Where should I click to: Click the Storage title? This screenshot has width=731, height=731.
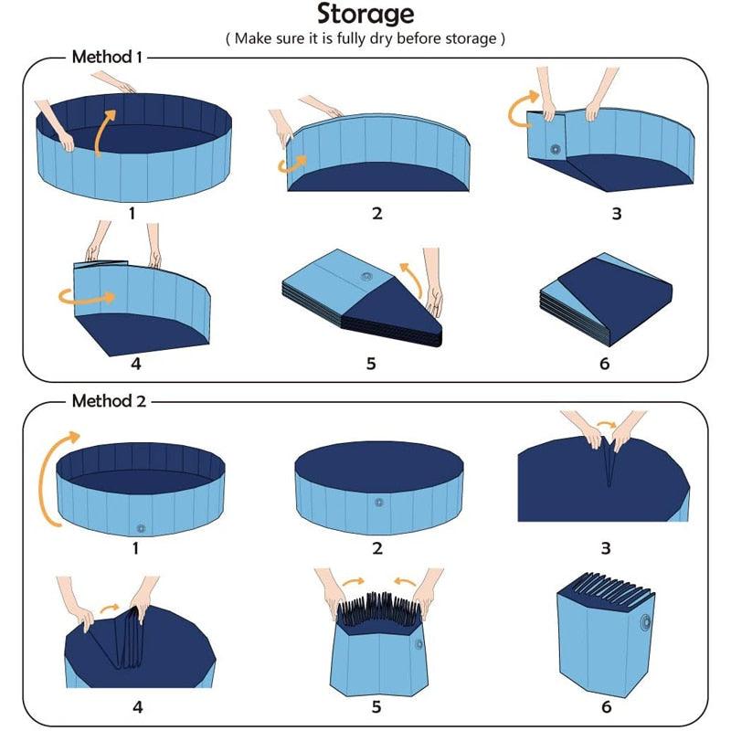tap(365, 15)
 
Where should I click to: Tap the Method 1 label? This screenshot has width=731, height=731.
tap(106, 57)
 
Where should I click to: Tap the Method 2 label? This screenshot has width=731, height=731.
tap(108, 400)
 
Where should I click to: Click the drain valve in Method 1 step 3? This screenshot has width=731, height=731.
tap(555, 149)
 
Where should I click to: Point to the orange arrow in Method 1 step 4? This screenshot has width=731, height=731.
tap(87, 296)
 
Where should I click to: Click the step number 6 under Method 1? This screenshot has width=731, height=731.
tap(603, 363)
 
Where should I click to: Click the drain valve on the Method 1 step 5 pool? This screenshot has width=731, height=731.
tap(367, 276)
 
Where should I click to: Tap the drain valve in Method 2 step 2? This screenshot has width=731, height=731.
tap(378, 503)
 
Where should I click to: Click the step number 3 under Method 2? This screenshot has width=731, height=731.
tap(605, 549)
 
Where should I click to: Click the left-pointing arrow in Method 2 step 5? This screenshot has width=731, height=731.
tap(408, 581)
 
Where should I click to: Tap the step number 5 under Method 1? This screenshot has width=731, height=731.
tap(371, 363)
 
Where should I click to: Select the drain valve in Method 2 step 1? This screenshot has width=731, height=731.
tap(140, 527)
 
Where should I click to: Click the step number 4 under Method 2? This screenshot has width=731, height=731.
tap(137, 706)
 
